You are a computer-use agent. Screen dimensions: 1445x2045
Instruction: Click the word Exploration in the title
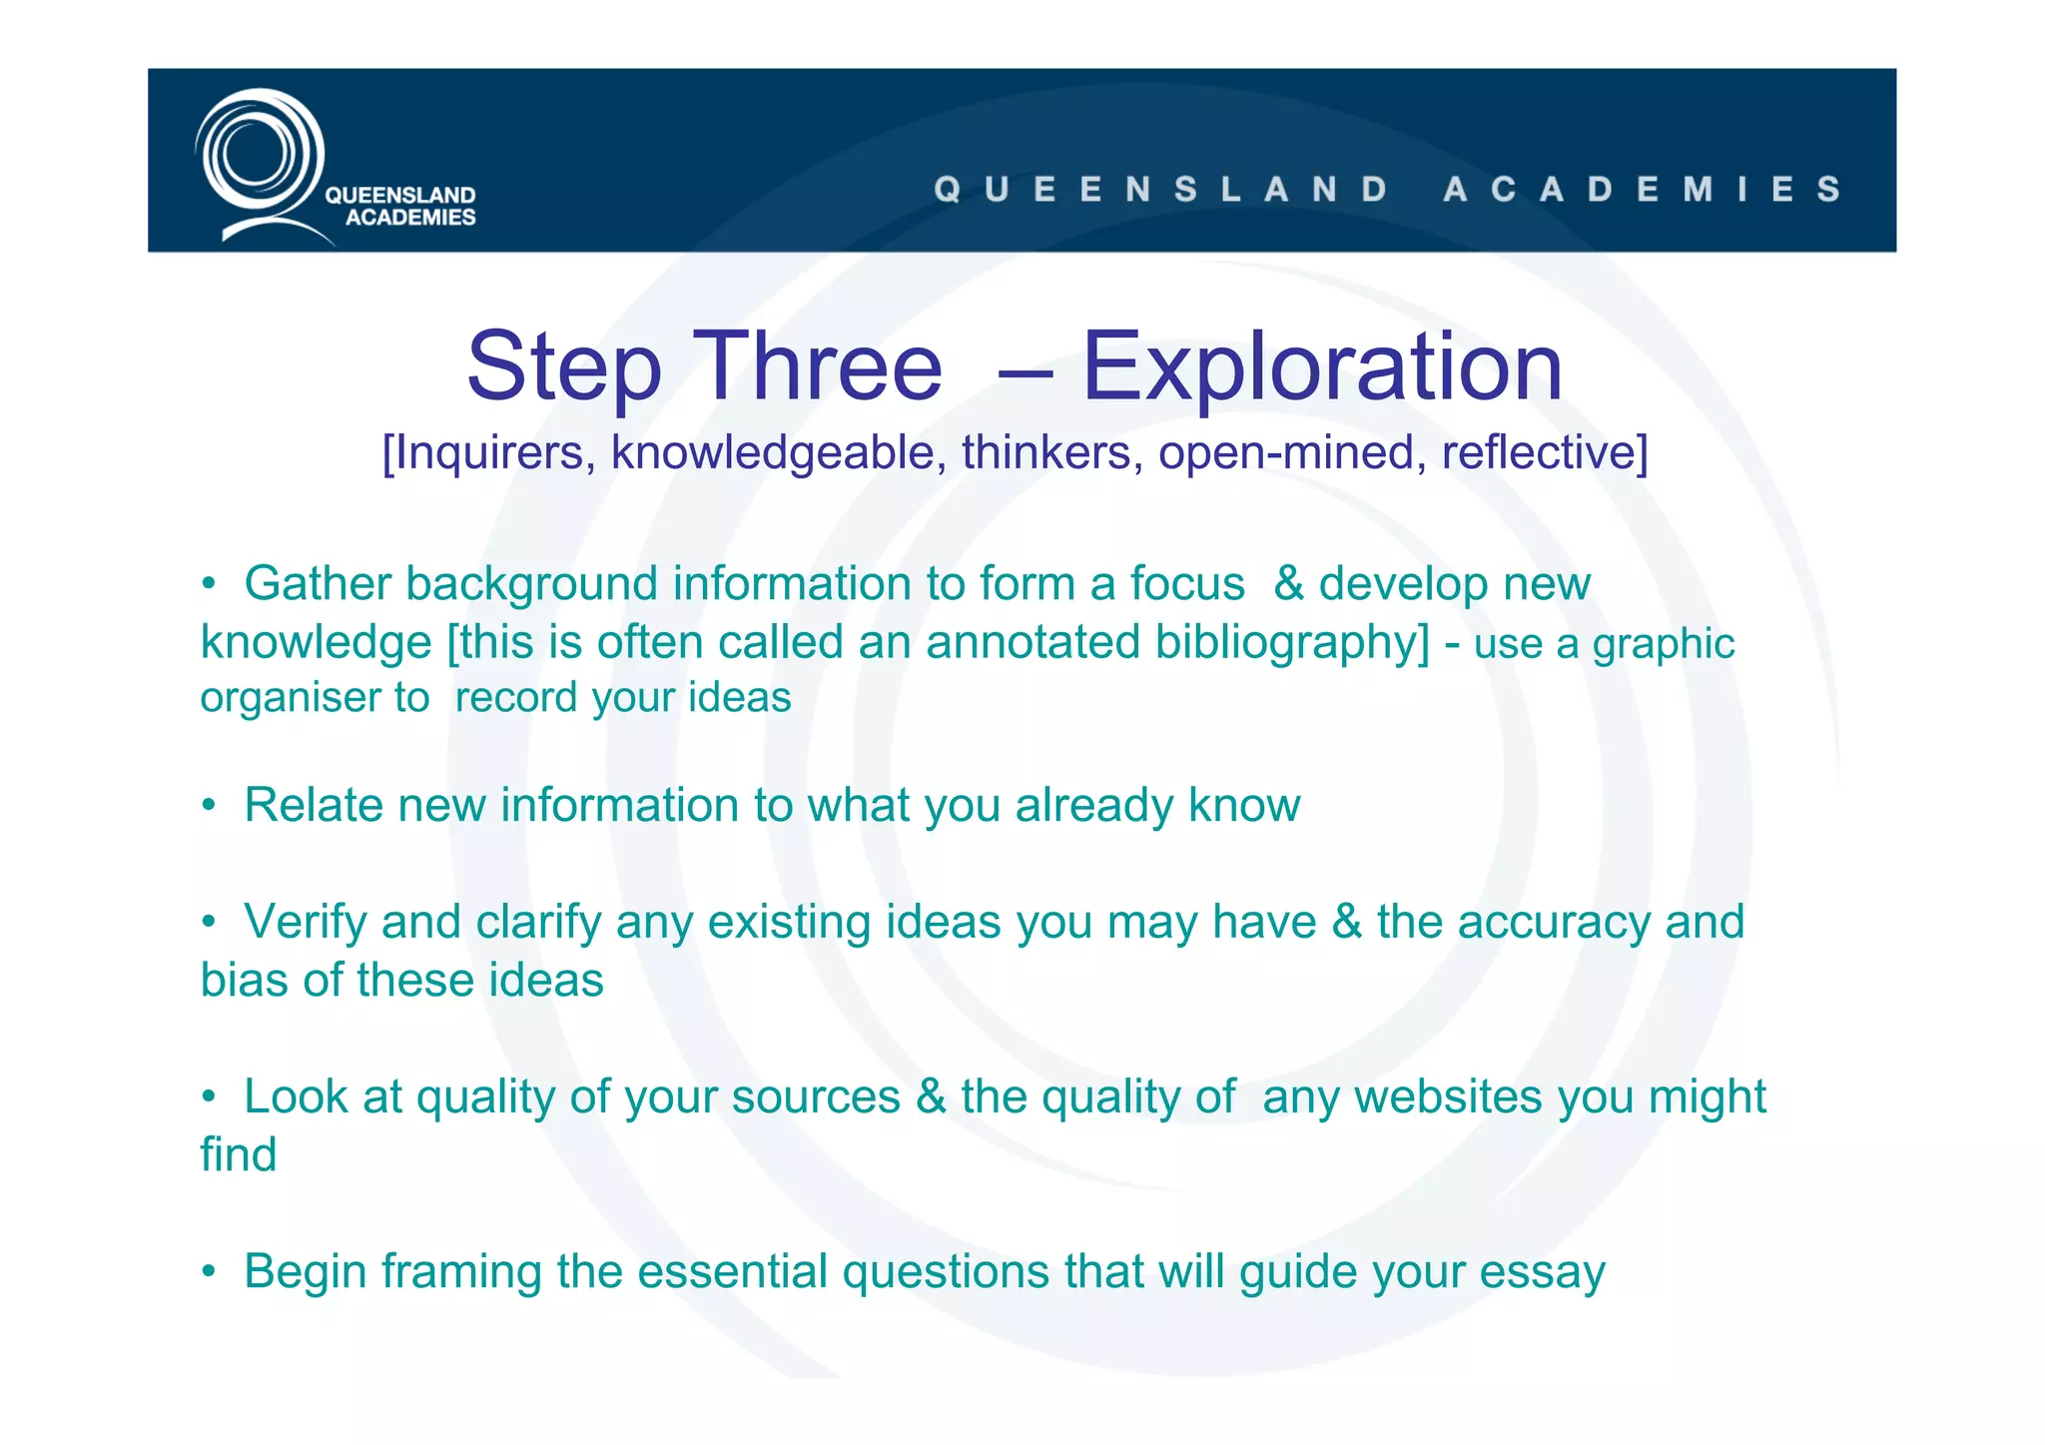1322,367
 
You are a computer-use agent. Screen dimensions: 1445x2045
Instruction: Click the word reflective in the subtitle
1544,452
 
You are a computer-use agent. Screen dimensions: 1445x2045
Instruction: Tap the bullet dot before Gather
209,584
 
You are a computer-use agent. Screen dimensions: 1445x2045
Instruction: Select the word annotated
1032,642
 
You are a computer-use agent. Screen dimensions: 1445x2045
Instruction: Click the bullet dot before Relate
209,806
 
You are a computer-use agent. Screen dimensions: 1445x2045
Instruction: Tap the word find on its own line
238,1155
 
